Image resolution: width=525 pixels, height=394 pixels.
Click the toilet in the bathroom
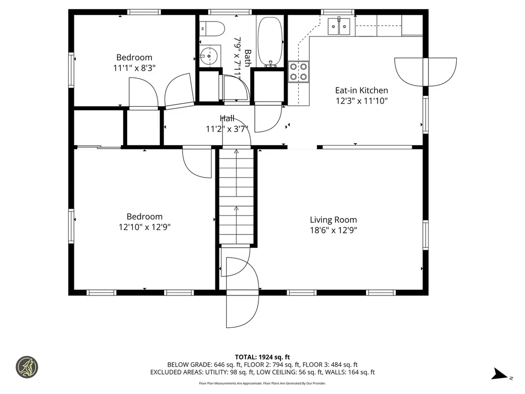212,29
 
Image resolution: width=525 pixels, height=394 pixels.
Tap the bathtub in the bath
270,41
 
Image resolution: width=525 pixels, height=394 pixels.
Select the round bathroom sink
210,56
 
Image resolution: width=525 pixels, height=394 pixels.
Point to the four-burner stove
299,72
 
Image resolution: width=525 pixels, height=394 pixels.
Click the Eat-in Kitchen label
361,90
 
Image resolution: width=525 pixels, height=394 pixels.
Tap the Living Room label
333,220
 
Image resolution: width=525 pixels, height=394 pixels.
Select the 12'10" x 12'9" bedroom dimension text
145,227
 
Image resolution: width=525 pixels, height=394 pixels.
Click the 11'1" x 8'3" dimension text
134,68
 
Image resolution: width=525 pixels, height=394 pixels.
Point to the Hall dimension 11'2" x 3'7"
227,129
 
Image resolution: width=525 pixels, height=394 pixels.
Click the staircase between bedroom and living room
236,196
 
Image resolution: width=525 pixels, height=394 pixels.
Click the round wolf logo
27,367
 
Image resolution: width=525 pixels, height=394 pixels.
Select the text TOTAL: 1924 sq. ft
262,357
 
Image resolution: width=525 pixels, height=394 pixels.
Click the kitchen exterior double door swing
426,72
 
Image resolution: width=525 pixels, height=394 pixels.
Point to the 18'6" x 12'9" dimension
333,230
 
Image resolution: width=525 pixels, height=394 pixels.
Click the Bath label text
248,58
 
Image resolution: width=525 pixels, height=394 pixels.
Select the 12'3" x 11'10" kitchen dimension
361,101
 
